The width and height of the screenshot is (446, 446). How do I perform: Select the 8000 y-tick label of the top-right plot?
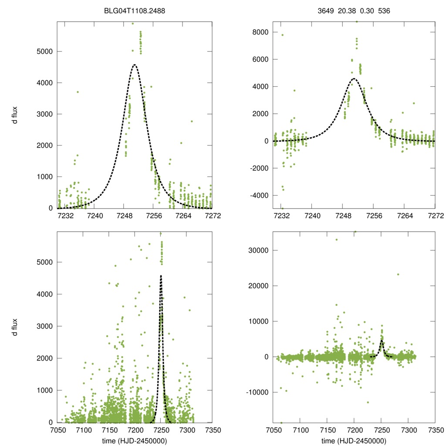[260, 32]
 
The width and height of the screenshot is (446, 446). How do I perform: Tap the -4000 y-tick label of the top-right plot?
[259, 196]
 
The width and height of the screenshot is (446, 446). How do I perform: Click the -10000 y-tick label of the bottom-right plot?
[257, 392]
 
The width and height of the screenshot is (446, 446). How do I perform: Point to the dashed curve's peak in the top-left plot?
[135, 65]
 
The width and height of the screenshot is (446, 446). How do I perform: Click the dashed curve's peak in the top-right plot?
[354, 79]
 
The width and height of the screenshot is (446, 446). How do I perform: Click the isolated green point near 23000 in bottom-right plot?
[398, 274]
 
